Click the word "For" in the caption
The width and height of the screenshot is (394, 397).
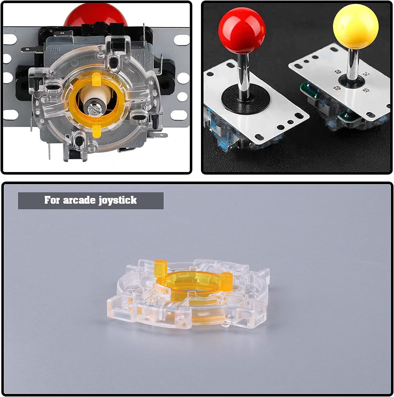(52, 200)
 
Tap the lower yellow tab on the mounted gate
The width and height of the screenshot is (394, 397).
(96, 130)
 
